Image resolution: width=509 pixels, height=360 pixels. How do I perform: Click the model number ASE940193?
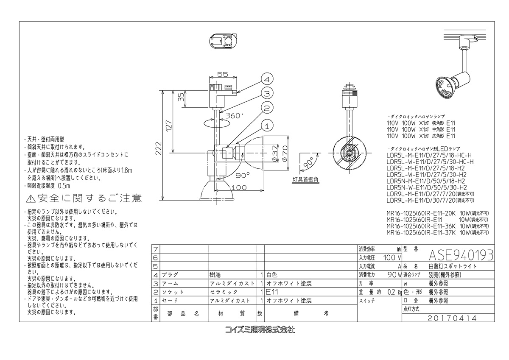click(461, 255)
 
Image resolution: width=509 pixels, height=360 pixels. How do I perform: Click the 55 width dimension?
click(223, 74)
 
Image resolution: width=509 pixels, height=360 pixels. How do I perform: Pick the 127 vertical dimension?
click(169, 126)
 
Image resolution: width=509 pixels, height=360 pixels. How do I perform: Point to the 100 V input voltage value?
click(392, 257)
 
